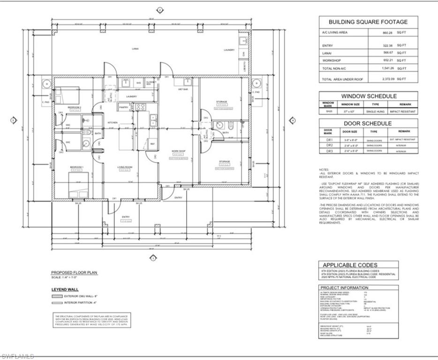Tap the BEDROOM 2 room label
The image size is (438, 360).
coord(75,107)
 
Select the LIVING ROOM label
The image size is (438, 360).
coord(125,167)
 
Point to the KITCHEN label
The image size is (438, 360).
coord(113,122)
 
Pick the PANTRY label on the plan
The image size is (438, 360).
coord(124,107)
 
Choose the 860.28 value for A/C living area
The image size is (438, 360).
coord(388,33)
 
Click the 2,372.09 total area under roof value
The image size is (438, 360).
coord(387,79)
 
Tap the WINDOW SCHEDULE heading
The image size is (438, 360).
coord(368,96)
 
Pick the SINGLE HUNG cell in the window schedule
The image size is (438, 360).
coord(376,112)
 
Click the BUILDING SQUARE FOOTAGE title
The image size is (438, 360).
coord(368,22)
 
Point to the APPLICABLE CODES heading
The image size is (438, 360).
coord(350,265)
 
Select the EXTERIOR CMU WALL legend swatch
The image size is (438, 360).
coord(57,296)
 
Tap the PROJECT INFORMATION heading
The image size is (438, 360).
coord(344,288)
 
